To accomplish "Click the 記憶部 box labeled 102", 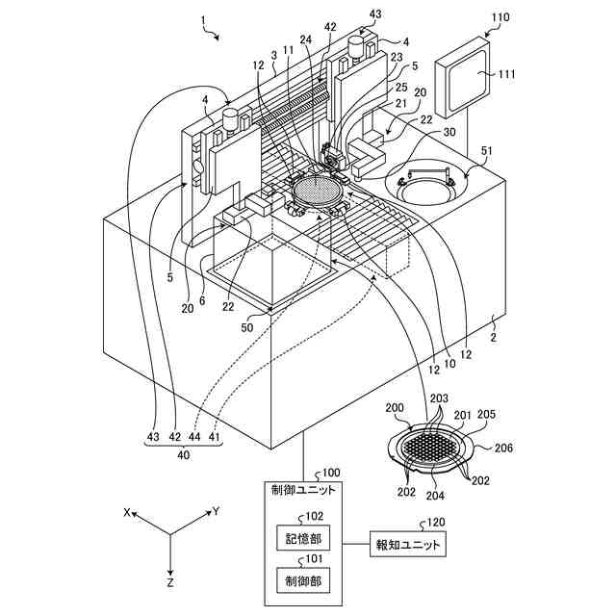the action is coord(303,537).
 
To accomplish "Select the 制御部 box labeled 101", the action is coord(303,580).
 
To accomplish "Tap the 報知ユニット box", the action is coord(408,544).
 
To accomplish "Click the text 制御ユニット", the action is coord(303,490).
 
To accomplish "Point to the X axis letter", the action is coord(126,512).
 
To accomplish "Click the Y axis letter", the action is coord(216,511).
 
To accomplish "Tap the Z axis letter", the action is coord(169,582).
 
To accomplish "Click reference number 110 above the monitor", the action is coord(500,17).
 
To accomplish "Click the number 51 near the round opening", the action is coord(485,150).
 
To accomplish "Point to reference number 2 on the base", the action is coord(494,337).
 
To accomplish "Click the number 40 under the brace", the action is coord(184,455).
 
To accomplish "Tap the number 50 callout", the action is coord(246,327).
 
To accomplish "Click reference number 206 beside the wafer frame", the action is coord(502,448).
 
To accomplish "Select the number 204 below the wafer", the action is coord(435,496).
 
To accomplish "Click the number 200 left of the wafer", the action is coord(394,407).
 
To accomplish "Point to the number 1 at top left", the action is coord(203,19).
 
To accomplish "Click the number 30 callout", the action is coord(449,131).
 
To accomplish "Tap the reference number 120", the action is coord(436,522).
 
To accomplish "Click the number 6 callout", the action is coord(202,300).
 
